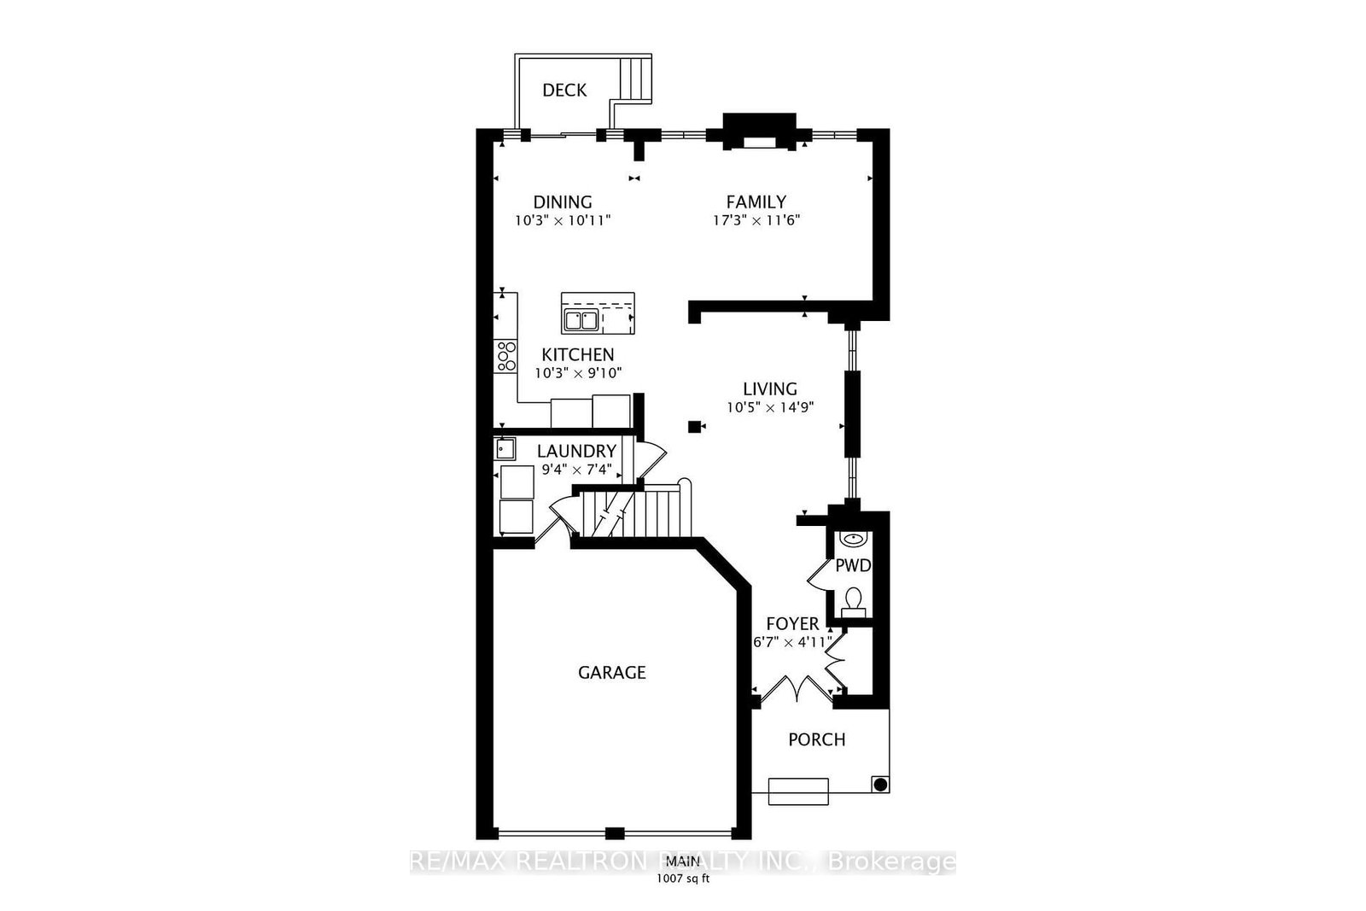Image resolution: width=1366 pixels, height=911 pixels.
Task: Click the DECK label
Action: pos(564,91)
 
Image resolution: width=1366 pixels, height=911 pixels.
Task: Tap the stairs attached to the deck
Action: pos(634,77)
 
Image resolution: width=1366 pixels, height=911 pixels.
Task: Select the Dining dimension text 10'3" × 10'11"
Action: pos(563,220)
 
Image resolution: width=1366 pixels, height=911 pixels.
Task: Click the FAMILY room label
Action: pos(756,202)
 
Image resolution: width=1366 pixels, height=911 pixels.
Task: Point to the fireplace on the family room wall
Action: pos(759,133)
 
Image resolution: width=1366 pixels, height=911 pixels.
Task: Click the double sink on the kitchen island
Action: pos(581,321)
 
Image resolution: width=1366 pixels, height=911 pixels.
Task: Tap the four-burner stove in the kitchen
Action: pos(506,355)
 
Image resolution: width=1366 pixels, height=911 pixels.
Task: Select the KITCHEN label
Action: pos(578,355)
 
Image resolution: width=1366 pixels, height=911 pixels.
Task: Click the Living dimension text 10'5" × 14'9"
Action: pos(770,408)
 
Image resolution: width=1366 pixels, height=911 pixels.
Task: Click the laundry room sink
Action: pos(504,448)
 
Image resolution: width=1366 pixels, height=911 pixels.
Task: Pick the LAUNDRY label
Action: pos(576,452)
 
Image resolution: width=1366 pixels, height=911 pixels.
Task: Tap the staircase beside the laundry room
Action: pos(636,512)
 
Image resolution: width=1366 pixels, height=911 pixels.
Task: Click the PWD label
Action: pos(852,565)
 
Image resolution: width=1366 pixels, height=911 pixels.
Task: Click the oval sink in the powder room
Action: pos(853,539)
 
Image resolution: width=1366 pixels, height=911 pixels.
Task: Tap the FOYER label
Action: pos(792,624)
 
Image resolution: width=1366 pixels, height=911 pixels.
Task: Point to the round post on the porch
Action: pos(879,784)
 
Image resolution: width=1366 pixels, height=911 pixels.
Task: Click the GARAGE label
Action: pos(612,673)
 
